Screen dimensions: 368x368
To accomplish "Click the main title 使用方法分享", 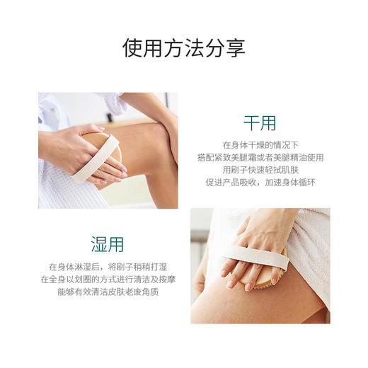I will [x=184, y=47].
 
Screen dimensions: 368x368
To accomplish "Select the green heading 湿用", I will [x=108, y=244].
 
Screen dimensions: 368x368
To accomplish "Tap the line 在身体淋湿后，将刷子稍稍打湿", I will [x=108, y=266].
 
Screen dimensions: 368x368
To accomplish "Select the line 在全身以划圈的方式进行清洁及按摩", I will [x=108, y=279].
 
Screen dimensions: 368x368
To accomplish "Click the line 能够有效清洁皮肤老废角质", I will [x=108, y=292].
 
